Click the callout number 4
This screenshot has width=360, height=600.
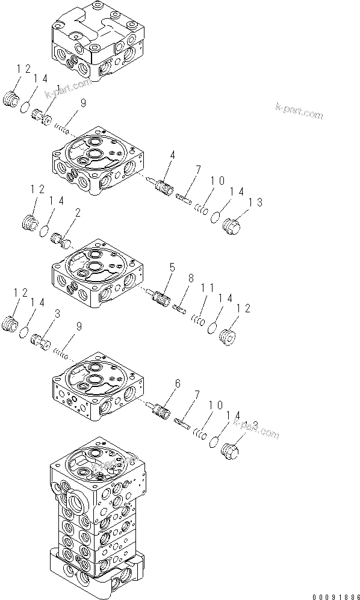(172, 155)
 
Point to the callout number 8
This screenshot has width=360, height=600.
(191, 279)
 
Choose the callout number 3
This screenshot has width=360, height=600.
(57, 314)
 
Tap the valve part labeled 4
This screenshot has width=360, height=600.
(160, 184)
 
